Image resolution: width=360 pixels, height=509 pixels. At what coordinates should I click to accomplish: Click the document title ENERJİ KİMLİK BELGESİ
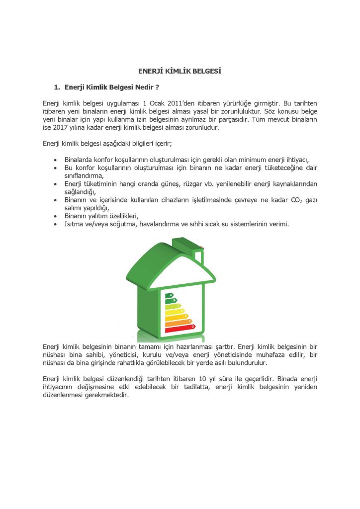(180, 71)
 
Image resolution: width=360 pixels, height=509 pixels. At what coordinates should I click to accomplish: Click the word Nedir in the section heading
(143, 87)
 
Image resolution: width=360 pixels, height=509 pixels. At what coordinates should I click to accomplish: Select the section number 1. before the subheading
(57, 87)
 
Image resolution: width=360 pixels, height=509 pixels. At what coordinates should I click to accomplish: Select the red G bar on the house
(180, 328)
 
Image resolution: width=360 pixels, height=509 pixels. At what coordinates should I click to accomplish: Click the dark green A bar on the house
(170, 296)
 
